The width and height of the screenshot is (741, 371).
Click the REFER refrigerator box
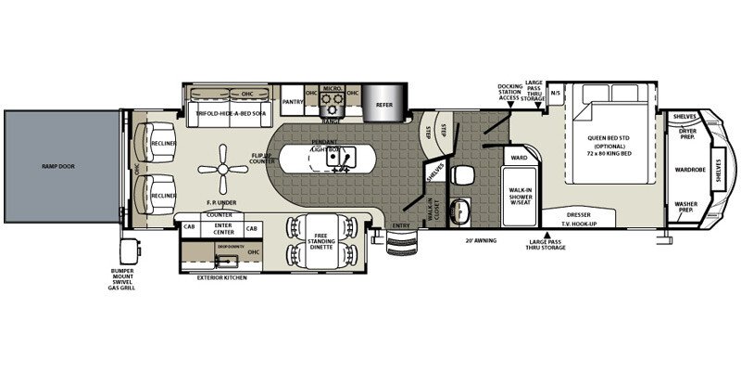tap(383, 105)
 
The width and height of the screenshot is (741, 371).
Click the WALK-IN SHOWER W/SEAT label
tap(520, 196)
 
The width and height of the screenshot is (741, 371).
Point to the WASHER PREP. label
tap(686, 208)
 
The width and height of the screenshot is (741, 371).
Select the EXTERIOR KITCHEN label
tap(222, 277)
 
